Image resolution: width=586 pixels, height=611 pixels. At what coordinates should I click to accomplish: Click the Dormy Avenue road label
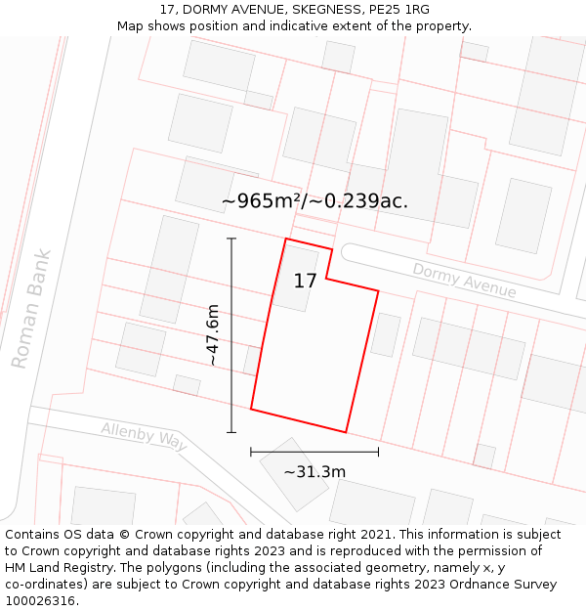point(464,280)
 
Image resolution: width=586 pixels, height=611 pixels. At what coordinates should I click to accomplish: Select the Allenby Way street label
point(144,436)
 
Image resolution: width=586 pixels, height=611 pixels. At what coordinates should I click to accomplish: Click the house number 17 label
point(305,282)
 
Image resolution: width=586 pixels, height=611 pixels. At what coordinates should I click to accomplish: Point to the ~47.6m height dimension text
point(213,335)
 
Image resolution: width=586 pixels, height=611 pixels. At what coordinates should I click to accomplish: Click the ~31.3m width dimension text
point(314,472)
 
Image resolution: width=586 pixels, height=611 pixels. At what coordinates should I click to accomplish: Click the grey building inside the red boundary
point(297,278)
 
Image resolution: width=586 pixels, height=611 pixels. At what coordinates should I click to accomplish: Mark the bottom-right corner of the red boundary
point(346,431)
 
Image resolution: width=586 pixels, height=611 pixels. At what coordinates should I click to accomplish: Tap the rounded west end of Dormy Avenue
point(346,252)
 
